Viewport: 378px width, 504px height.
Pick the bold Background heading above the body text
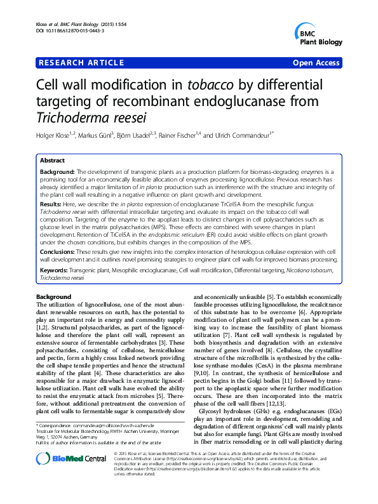click(x=53, y=297)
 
